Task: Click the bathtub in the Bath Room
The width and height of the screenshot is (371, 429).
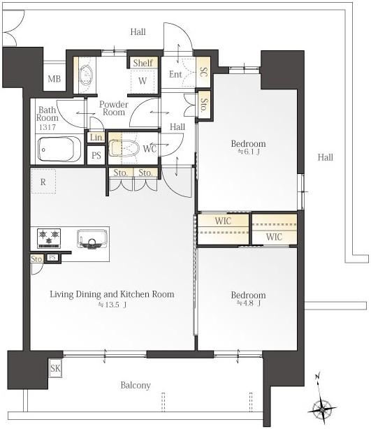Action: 59,149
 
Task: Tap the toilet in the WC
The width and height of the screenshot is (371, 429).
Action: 124,148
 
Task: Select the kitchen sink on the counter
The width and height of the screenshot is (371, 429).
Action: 92,239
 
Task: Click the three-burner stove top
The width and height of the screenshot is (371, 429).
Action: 49,238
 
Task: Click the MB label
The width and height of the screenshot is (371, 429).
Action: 54,79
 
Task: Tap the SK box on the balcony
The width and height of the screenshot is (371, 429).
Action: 55,368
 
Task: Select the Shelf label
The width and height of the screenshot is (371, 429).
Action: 143,63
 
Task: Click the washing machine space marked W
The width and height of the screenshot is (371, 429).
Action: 143,81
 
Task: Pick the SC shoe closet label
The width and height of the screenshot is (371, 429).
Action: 204,72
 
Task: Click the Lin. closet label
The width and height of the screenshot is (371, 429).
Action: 96,137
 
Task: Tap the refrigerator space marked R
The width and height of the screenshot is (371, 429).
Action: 43,182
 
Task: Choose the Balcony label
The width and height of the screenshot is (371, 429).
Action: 136,385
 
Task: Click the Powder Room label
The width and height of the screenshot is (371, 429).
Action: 114,108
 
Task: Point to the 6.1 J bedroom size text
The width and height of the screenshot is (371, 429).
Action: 249,152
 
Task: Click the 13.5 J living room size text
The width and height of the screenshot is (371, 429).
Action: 112,305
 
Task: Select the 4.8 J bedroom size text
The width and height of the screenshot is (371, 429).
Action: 249,303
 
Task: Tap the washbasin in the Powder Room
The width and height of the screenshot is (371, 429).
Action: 87,75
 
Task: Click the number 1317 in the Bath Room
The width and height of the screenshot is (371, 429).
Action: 48,127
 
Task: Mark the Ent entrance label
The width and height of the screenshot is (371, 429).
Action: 175,74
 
